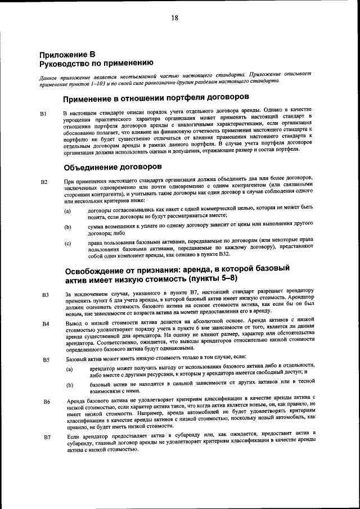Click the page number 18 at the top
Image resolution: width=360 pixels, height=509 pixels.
(175, 18)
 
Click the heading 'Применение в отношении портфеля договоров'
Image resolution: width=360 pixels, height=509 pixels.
(156, 98)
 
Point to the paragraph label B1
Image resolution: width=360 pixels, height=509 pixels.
(43, 114)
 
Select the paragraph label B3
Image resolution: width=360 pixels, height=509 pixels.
(45, 294)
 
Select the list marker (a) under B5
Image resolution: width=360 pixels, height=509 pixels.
(69, 370)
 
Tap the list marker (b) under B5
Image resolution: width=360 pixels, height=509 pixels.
(69, 386)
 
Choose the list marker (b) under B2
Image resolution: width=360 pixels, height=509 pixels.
(67, 227)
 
